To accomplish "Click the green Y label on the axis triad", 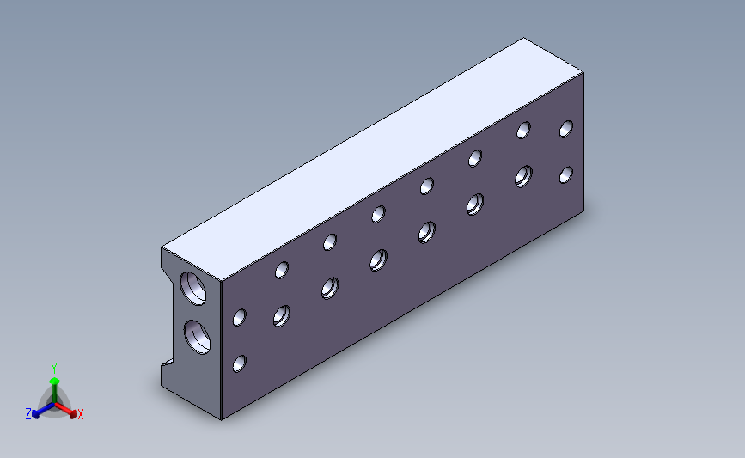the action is [x=53, y=369].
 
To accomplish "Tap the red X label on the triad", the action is [x=80, y=414].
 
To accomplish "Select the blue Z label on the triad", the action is [x=28, y=414].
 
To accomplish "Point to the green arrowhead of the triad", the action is [x=54, y=381].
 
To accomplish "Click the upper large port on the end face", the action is [x=192, y=289].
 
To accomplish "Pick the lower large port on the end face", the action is [x=197, y=337].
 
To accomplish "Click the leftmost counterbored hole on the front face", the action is [x=282, y=316].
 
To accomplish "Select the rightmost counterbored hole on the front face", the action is [x=523, y=176].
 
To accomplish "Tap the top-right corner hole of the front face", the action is [x=566, y=129].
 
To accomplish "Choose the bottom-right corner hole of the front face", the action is [x=566, y=174].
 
